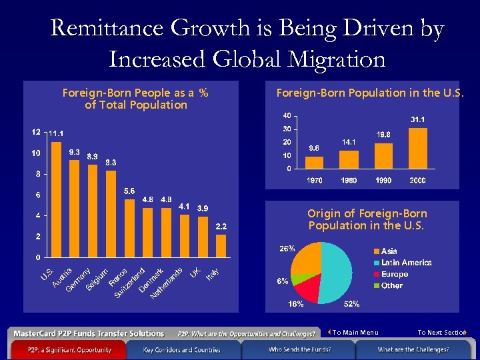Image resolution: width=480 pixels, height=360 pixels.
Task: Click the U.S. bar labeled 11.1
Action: (x=57, y=199)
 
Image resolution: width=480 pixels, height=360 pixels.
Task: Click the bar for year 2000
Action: (x=418, y=148)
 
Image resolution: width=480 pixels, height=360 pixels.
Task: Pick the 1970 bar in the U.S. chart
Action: (x=314, y=163)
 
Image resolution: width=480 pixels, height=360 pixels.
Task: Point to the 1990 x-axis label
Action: (x=383, y=181)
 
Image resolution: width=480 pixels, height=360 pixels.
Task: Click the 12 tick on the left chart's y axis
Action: (x=36, y=131)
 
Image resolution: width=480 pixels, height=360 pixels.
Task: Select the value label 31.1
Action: (x=418, y=119)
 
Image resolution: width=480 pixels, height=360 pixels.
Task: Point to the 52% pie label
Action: (x=351, y=305)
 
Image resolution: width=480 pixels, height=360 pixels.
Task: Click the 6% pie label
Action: (x=283, y=281)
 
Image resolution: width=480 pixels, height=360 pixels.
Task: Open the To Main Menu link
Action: (x=355, y=332)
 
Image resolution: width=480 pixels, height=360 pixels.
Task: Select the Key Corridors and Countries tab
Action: (x=182, y=350)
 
